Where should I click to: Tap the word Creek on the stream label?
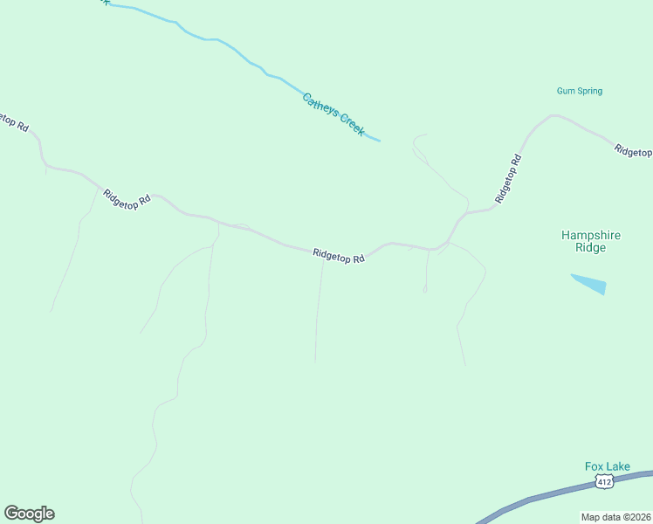(x=351, y=126)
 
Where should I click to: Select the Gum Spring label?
(x=580, y=91)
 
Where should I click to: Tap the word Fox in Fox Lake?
(x=594, y=466)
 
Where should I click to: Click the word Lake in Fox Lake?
(x=616, y=466)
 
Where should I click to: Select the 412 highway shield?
(x=603, y=481)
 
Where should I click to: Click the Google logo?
(x=29, y=514)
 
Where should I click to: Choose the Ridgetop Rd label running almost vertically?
(x=508, y=179)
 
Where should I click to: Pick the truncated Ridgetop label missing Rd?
(x=633, y=151)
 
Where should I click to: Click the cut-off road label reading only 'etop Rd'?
(x=14, y=121)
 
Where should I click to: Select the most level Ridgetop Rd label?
(x=338, y=256)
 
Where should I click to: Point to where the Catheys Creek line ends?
(x=380, y=140)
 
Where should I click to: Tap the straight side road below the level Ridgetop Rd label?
(x=319, y=314)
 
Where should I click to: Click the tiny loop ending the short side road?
(x=425, y=289)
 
